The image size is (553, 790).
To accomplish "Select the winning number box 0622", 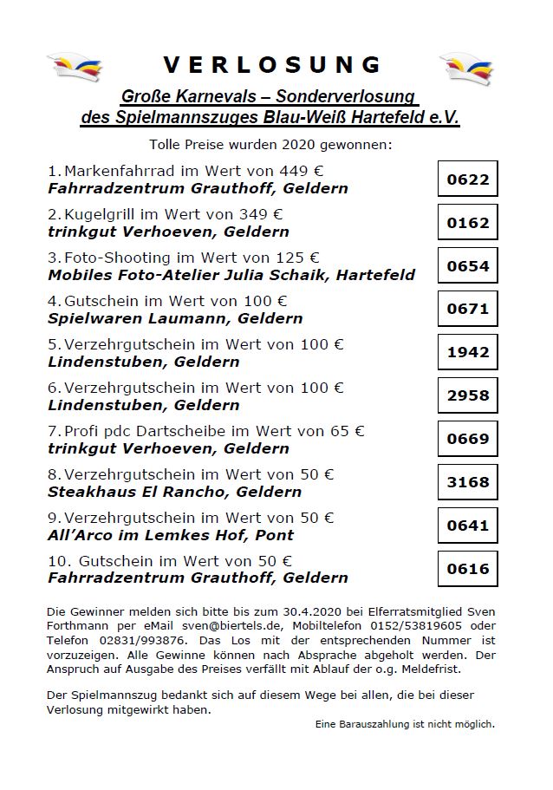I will point(468,180).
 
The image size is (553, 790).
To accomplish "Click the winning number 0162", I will point(468,223).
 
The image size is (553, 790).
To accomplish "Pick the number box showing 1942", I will point(468,352).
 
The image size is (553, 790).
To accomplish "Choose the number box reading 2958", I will point(468,395).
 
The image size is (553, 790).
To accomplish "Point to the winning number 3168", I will point(468,482).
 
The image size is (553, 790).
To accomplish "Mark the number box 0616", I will point(468,569).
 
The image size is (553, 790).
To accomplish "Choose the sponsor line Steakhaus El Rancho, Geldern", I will point(175,492).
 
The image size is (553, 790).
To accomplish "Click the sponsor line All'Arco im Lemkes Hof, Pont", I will point(171,535).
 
